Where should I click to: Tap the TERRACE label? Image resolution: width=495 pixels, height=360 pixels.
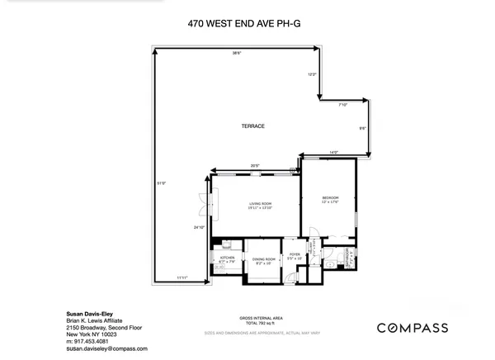tap(252, 126)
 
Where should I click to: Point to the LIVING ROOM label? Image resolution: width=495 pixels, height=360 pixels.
tap(260, 203)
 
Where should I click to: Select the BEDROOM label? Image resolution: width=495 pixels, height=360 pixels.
tap(330, 199)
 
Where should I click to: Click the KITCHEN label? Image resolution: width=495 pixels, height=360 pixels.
tap(227, 258)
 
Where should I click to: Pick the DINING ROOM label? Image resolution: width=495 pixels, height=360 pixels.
tap(262, 258)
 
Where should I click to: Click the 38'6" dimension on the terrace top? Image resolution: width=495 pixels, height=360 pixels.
tap(236, 54)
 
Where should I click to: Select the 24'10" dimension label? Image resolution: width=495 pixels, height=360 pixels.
tap(198, 227)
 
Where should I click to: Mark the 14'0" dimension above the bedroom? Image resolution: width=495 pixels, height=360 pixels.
tap(333, 152)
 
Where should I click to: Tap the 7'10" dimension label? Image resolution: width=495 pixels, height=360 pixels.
tap(343, 105)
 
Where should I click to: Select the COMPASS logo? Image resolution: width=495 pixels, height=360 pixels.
tap(412, 328)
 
